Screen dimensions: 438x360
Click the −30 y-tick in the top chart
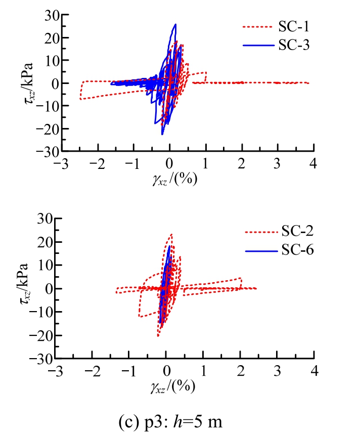[x=47, y=151]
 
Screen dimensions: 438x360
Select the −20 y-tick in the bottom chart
[x=47, y=335]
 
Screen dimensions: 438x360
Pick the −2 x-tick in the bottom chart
[x=93, y=371]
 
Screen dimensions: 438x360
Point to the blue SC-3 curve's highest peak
[x=175, y=24]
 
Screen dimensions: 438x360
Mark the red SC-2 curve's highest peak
[x=171, y=234]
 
